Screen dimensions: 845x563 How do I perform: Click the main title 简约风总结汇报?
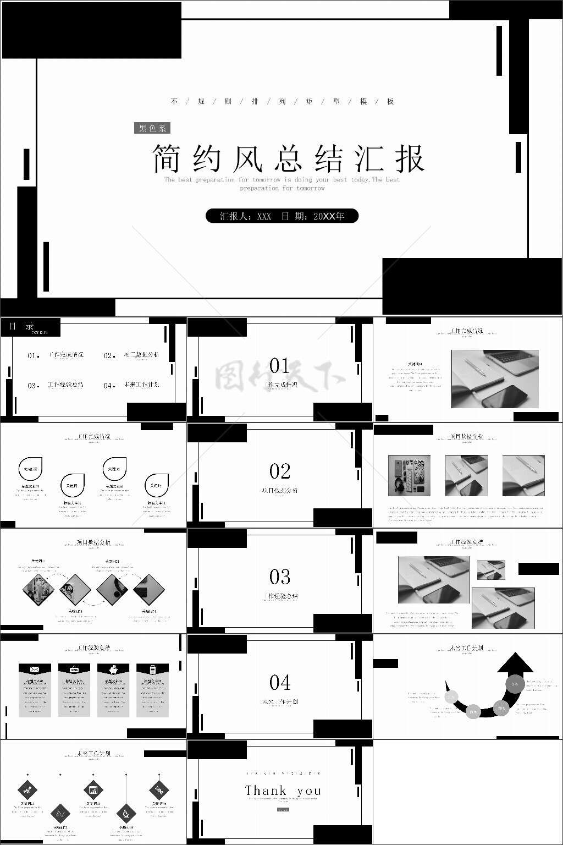click(x=288, y=159)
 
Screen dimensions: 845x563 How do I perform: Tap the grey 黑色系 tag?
click(x=152, y=128)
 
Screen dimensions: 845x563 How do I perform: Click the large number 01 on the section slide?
click(x=280, y=365)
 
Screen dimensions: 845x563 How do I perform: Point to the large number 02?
click(x=280, y=471)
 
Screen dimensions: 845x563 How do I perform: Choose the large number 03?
click(x=280, y=577)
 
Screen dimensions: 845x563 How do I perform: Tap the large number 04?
click(x=280, y=683)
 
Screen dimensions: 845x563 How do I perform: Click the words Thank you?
click(x=283, y=791)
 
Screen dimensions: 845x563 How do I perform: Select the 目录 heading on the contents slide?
click(x=21, y=326)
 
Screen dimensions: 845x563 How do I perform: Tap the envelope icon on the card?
click(x=35, y=669)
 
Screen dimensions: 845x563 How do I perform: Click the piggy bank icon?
click(x=113, y=669)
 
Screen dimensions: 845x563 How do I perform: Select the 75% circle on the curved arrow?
click(x=501, y=709)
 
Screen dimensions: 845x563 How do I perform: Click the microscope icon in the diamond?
click(x=126, y=813)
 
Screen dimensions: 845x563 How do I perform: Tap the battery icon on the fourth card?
click(x=152, y=669)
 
